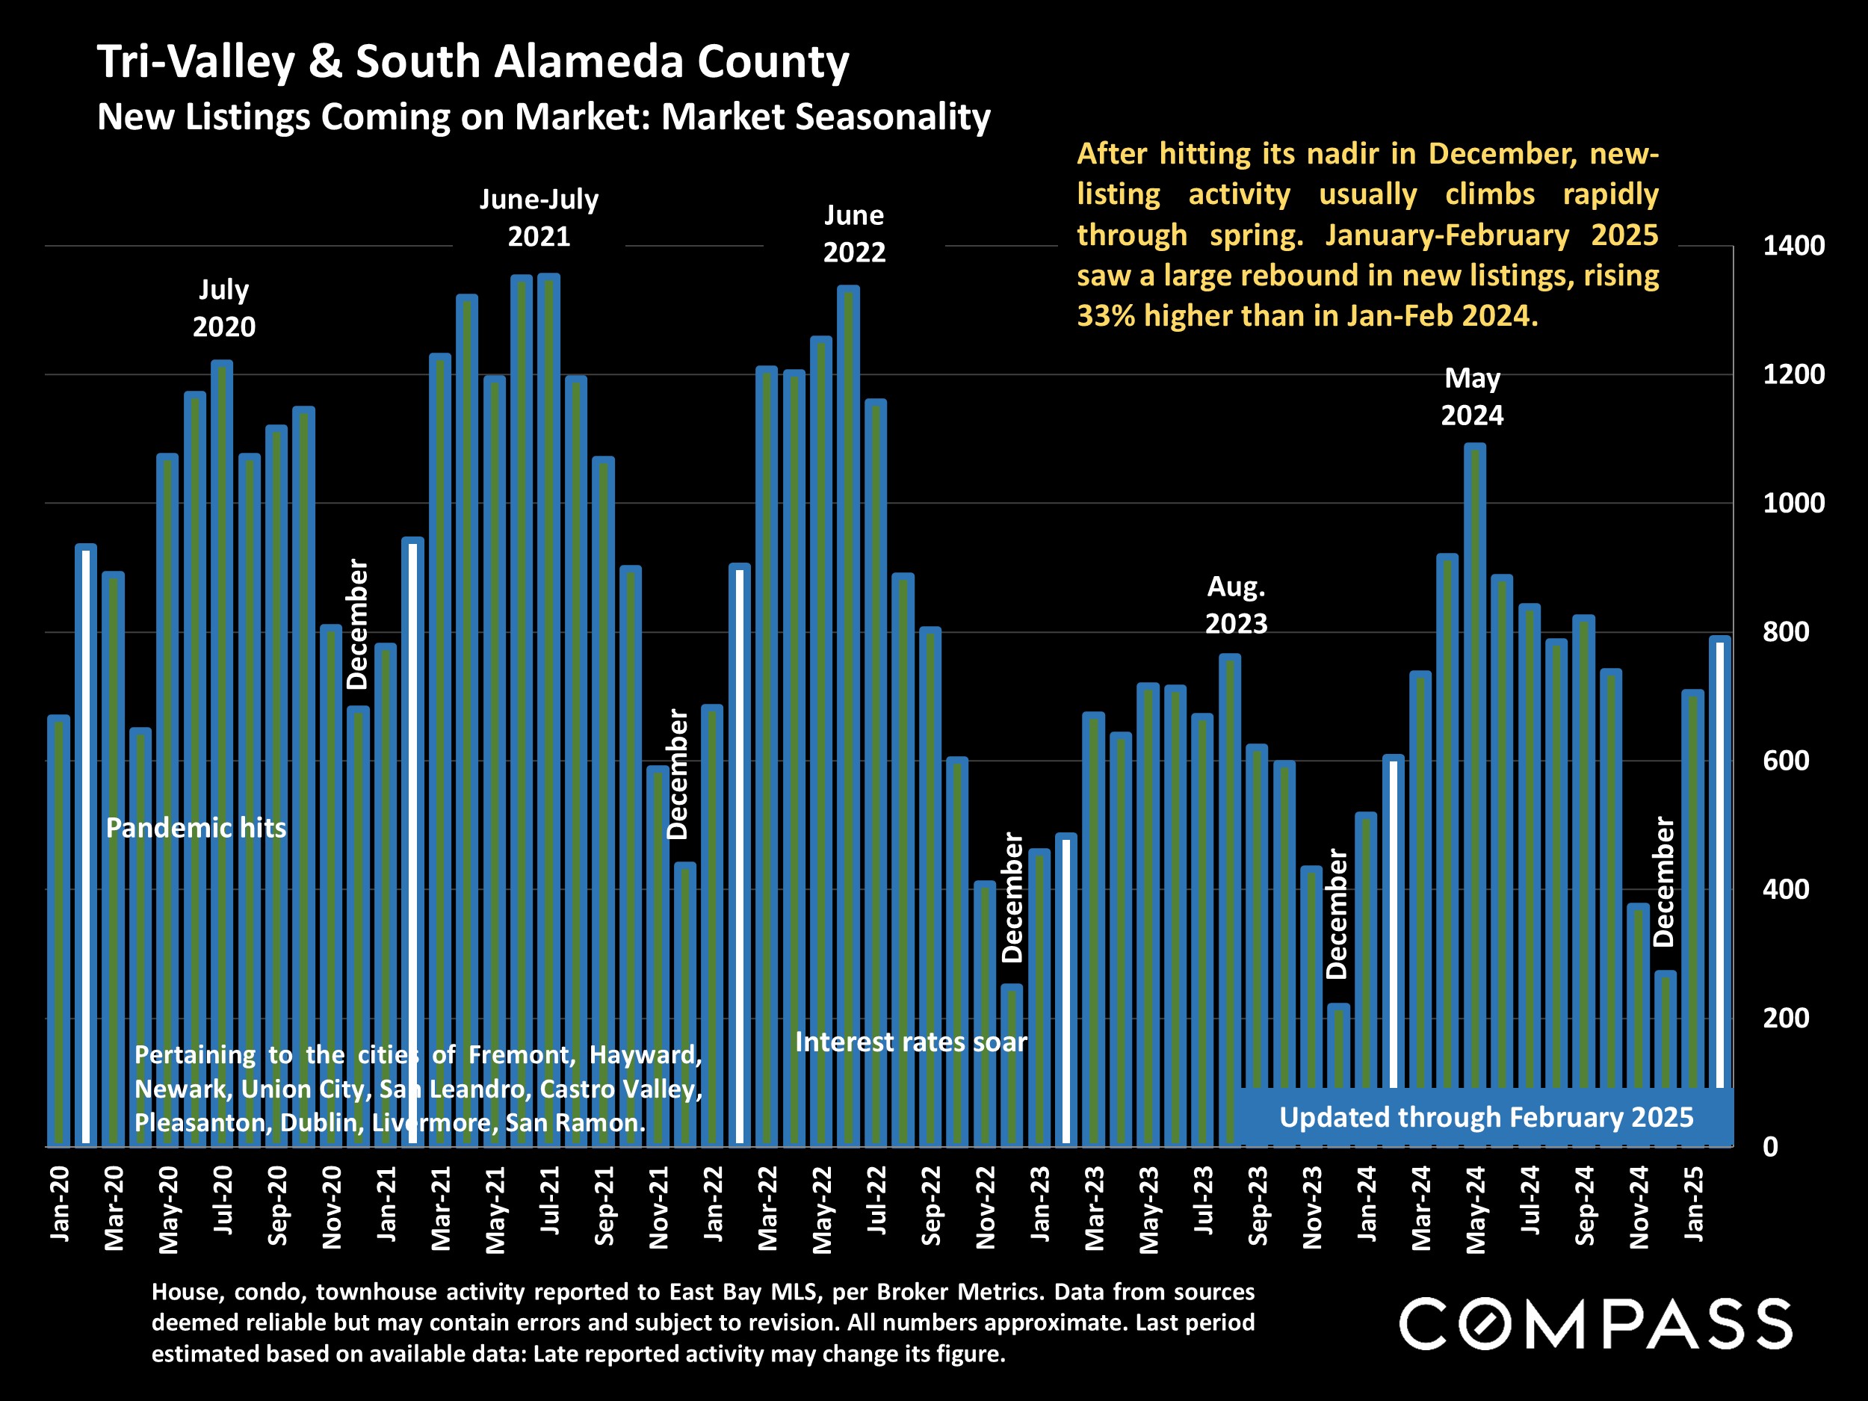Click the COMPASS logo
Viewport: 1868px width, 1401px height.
click(x=1595, y=1323)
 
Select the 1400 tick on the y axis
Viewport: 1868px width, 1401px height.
click(x=1794, y=246)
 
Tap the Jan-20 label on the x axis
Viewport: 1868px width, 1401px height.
click(x=60, y=1204)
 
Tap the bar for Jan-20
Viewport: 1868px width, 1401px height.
click(x=58, y=929)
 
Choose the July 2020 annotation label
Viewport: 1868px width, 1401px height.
click(x=224, y=309)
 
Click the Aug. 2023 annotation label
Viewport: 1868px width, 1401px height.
click(x=1237, y=604)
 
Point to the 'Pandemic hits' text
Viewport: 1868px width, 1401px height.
click(x=196, y=828)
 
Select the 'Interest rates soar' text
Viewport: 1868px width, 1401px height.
click(x=911, y=1042)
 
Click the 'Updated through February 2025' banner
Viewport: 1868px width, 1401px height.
click(x=1485, y=1117)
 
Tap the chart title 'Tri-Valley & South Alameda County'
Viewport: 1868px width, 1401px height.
click(x=473, y=62)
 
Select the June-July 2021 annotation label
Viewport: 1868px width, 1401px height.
click(x=539, y=218)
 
